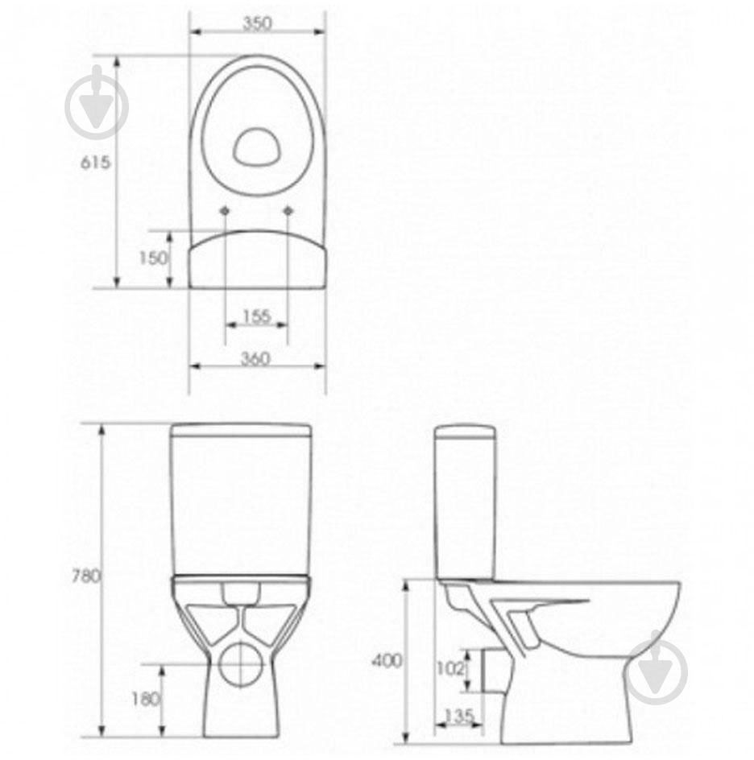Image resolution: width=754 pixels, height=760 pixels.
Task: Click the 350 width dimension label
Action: [257, 23]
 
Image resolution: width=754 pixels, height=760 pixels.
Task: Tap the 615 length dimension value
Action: [95, 163]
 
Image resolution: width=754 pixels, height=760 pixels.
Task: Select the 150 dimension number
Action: [153, 258]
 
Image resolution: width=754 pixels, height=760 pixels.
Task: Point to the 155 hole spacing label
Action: [256, 316]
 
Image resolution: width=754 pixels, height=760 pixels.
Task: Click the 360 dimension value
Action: [255, 359]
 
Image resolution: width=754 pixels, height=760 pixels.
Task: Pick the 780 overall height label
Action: [86, 576]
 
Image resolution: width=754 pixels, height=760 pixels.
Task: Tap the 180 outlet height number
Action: [146, 699]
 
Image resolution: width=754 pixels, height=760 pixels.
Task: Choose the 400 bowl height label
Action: [387, 660]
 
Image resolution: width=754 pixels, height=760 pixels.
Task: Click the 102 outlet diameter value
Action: [450, 668]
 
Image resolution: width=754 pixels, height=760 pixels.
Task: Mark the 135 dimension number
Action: [458, 716]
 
